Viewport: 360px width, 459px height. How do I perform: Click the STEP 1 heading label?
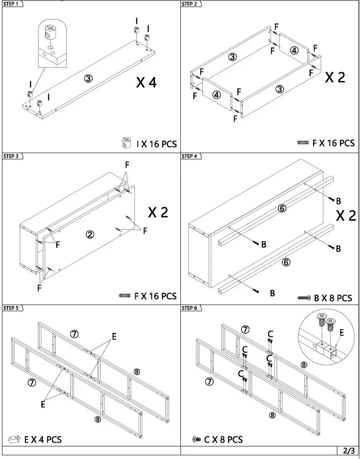click(11, 4)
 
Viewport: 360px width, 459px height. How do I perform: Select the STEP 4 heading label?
click(190, 156)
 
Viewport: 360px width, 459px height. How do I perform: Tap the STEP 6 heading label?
click(190, 308)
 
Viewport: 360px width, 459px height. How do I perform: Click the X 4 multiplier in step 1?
click(146, 82)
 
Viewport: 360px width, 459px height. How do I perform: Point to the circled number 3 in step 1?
click(88, 78)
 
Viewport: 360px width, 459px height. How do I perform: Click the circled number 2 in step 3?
click(90, 235)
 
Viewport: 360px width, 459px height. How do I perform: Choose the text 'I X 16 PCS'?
click(156, 144)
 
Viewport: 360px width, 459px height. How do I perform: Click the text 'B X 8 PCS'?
click(333, 298)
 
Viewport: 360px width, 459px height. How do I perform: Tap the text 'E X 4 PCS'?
click(43, 440)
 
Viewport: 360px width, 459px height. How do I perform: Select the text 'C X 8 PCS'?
click(223, 440)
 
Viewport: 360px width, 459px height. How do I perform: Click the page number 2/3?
click(349, 451)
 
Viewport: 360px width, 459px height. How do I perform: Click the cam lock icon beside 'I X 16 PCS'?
click(126, 143)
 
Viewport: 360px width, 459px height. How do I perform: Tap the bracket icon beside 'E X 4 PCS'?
click(15, 440)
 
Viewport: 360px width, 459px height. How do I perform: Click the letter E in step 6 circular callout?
click(341, 333)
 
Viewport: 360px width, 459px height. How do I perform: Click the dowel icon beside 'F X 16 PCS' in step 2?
click(303, 143)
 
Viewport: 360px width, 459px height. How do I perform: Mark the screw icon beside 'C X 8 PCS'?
click(196, 440)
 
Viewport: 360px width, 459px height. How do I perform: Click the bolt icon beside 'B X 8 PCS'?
click(304, 298)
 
